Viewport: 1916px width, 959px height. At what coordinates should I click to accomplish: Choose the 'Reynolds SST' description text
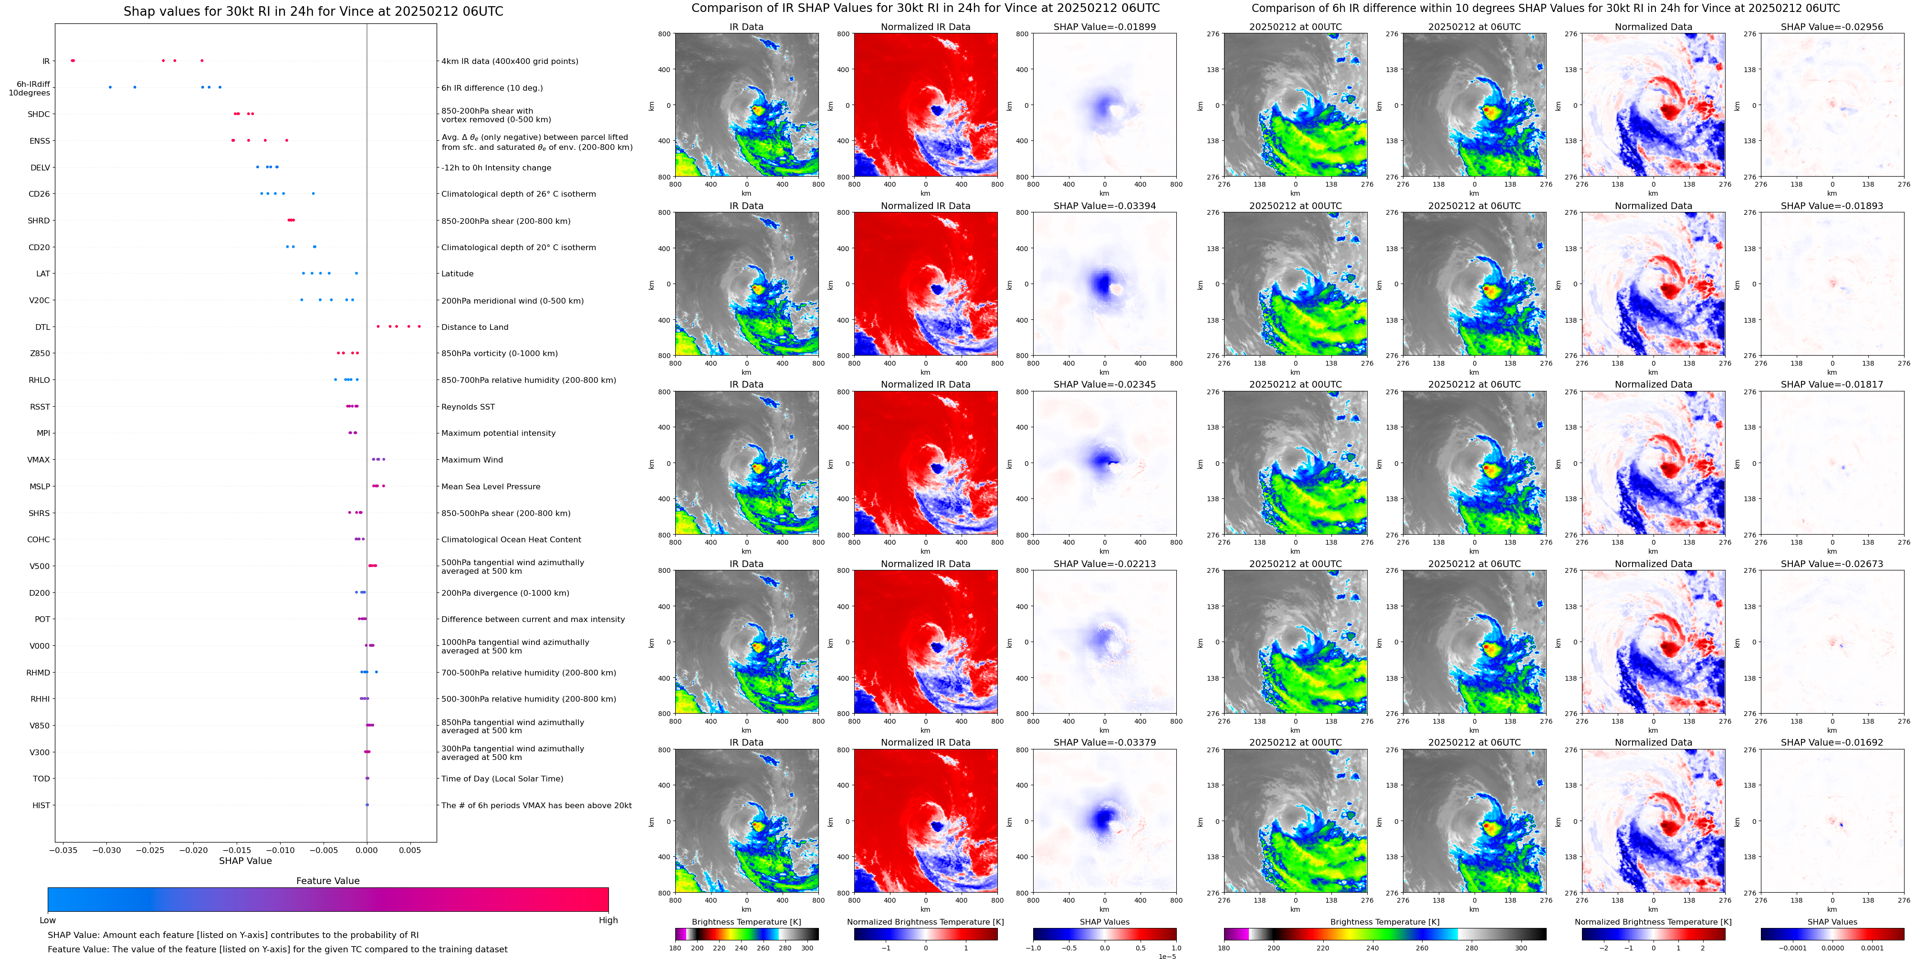468,407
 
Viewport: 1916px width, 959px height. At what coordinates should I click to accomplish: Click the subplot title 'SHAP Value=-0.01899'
1105,27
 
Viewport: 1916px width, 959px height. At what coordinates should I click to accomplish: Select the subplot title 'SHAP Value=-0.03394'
1105,206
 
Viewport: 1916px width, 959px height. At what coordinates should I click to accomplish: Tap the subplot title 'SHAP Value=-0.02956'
1832,27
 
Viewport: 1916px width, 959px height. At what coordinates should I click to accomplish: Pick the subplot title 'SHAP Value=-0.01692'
1832,742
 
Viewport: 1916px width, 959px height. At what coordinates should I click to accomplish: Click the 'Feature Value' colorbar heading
327,881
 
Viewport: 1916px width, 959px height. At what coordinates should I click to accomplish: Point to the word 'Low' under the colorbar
48,920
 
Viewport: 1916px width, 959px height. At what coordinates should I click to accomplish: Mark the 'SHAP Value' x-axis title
245,861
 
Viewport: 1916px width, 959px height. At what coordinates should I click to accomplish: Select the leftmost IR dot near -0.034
72,60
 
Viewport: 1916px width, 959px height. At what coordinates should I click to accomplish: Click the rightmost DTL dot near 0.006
419,327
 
